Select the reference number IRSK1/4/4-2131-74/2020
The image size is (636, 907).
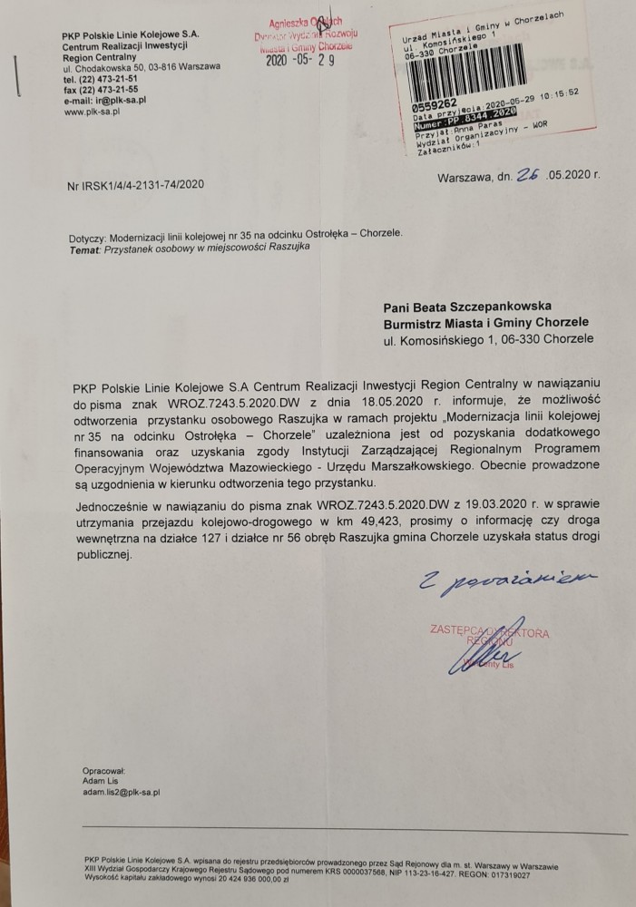tap(135, 184)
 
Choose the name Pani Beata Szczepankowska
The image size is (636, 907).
tap(474, 307)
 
